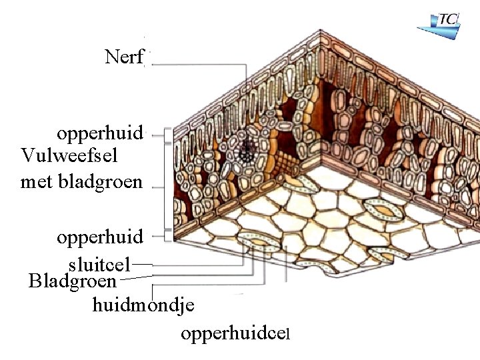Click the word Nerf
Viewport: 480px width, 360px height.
(x=124, y=57)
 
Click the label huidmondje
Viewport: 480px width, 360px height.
(x=143, y=305)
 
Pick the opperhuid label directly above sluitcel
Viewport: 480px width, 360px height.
(x=100, y=237)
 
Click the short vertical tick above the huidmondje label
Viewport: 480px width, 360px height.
(x=153, y=291)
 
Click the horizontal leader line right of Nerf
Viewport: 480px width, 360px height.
(x=200, y=64)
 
